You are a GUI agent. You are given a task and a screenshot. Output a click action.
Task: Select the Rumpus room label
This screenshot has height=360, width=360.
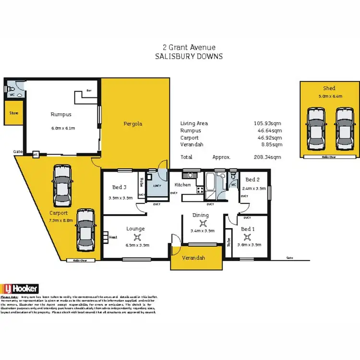click(61, 114)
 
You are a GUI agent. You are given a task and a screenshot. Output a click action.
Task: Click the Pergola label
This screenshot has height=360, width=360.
click(133, 124)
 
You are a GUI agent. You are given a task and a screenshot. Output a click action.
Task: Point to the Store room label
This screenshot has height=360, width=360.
click(13, 113)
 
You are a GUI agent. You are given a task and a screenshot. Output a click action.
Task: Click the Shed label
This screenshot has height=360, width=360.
click(329, 88)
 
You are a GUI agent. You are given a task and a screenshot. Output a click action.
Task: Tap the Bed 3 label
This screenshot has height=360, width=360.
click(120, 187)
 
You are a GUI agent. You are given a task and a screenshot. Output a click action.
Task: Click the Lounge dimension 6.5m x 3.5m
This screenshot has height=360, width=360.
click(138, 245)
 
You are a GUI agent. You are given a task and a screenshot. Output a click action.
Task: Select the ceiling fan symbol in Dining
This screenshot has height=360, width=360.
click(200, 223)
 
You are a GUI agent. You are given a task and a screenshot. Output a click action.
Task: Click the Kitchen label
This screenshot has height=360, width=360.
click(182, 185)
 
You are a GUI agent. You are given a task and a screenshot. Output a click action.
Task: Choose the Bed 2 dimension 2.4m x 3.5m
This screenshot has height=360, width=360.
click(254, 189)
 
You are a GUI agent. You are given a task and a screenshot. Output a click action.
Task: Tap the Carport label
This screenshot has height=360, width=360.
click(58, 213)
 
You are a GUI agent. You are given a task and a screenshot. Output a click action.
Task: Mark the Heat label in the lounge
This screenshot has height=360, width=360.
click(113, 237)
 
